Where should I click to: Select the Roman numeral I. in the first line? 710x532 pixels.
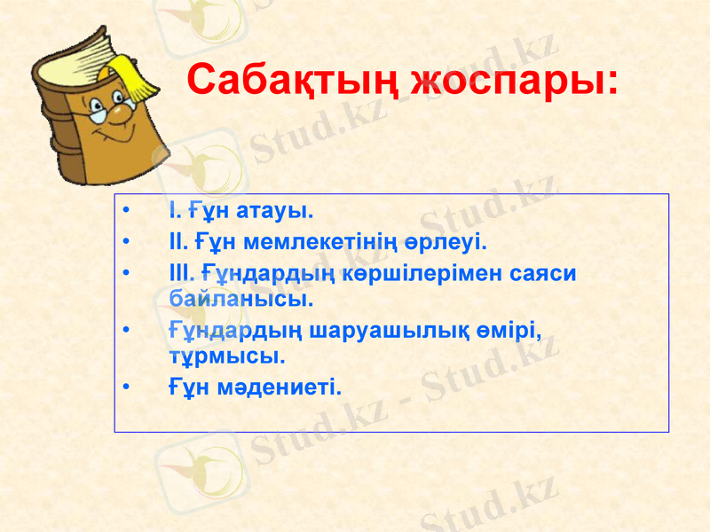click(x=174, y=212)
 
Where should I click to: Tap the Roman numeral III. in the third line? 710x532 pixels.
click(x=180, y=273)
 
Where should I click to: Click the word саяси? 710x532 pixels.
click(x=544, y=273)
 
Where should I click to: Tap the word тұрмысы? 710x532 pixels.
click(x=226, y=356)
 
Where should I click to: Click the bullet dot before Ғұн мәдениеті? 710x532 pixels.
click(x=129, y=387)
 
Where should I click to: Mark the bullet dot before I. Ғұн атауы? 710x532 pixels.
click(x=129, y=212)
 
